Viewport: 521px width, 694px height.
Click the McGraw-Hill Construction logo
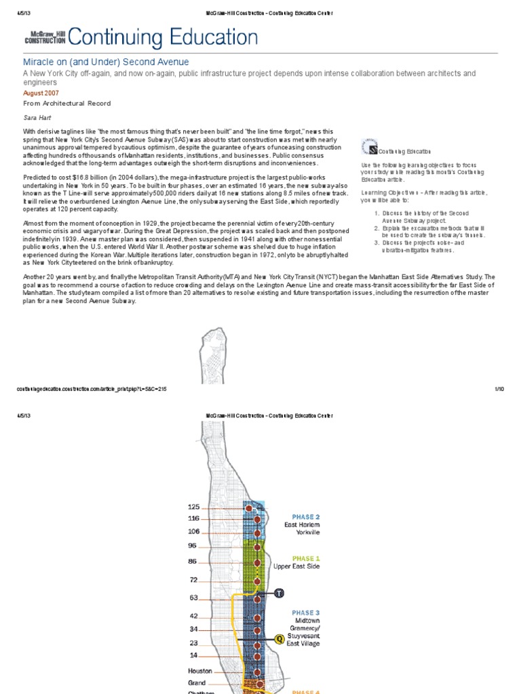click(45, 38)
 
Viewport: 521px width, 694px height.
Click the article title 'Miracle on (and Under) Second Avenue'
click(107, 62)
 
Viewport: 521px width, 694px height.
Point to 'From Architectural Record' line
click(67, 103)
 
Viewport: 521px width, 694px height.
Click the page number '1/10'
click(499, 389)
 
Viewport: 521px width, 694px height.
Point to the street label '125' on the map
click(194, 507)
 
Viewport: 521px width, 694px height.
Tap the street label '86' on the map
click(193, 562)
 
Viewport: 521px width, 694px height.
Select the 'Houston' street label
click(199, 671)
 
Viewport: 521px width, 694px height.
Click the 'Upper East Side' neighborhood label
click(296, 566)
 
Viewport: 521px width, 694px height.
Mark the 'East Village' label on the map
click(303, 644)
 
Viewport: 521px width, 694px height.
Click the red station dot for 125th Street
click(249, 508)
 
